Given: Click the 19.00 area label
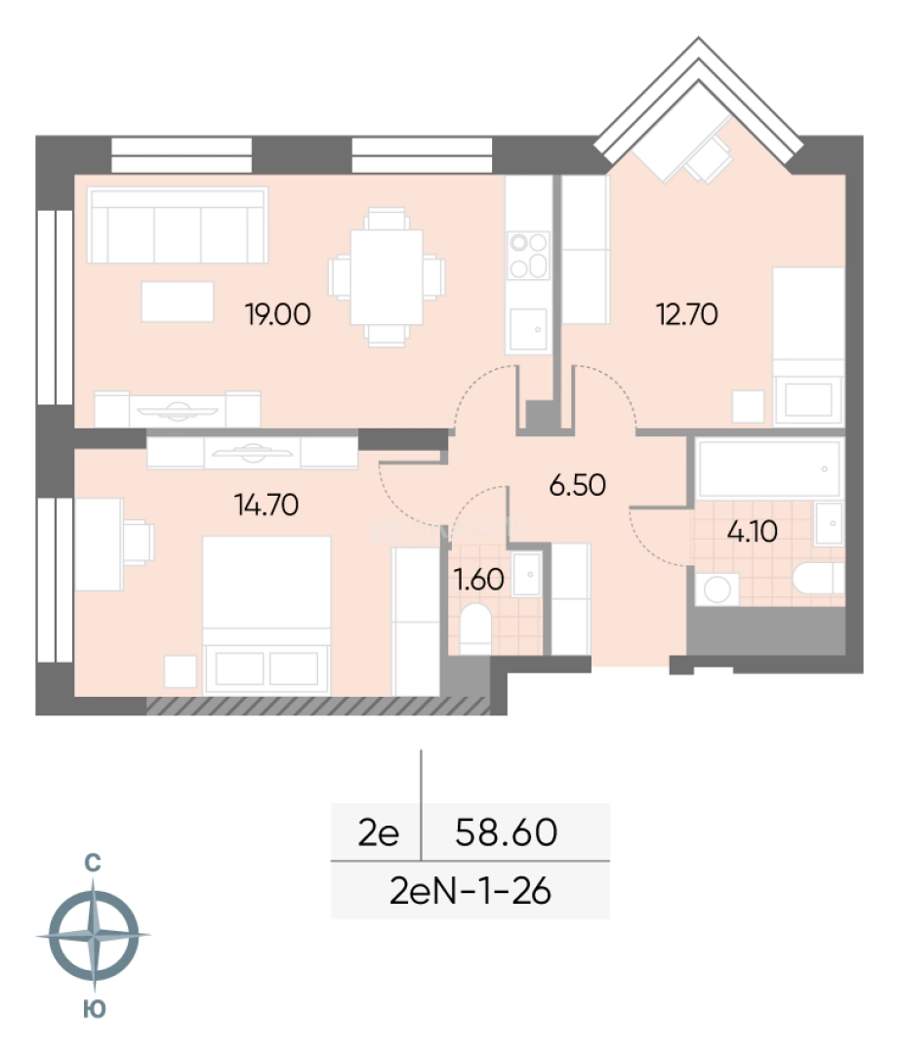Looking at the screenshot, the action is click(277, 314).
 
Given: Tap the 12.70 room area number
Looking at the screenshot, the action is click(687, 314).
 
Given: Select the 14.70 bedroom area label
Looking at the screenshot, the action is click(266, 505).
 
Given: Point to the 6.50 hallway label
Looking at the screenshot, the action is click(578, 485).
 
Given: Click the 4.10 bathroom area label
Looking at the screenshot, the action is click(753, 532).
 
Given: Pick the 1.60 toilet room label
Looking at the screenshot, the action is click(479, 580).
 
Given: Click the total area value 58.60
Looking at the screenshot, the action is click(507, 832).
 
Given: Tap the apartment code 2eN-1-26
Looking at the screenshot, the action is click(470, 892).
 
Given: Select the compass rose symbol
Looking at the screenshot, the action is click(94, 935).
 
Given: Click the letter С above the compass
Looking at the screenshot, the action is click(93, 863).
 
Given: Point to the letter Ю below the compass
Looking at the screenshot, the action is click(94, 1009).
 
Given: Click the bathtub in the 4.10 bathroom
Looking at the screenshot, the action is click(768, 469).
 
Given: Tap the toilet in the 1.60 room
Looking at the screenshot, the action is click(475, 628).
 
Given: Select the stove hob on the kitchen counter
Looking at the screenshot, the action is click(528, 256).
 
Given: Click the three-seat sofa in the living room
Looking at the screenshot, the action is click(178, 225).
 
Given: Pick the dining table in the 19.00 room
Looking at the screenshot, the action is click(387, 277).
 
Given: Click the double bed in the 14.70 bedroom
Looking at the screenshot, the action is click(266, 615).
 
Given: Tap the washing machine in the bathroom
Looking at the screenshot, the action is click(716, 589).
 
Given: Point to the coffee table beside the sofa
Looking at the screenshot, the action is click(178, 303).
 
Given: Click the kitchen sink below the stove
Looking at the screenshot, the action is click(528, 330).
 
